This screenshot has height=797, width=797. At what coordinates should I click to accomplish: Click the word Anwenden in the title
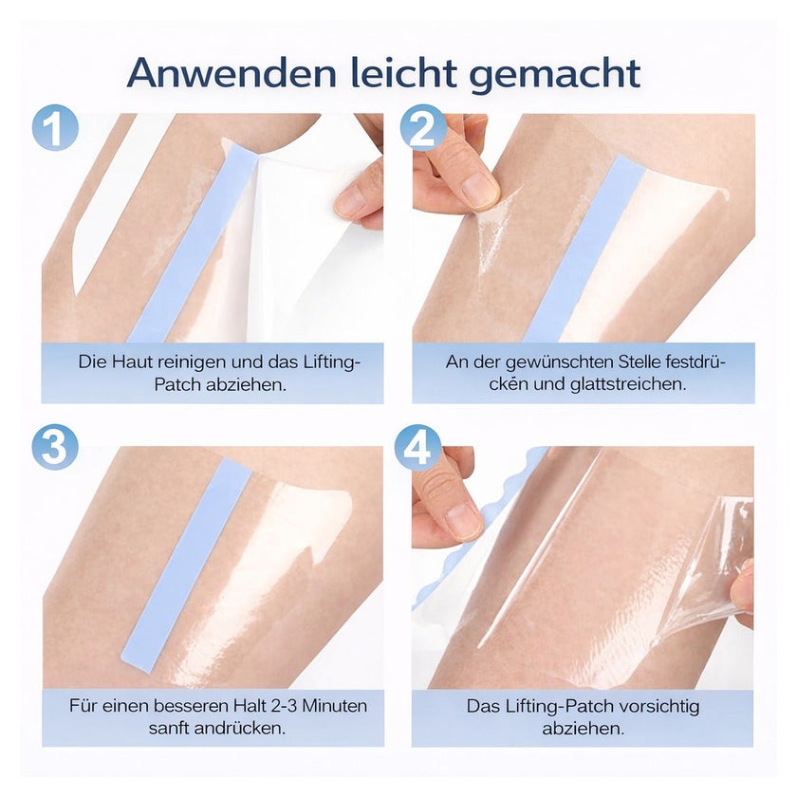tap(232, 72)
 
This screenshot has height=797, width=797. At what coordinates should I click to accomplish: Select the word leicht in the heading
tap(402, 72)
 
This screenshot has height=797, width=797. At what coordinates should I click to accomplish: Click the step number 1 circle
tap(55, 127)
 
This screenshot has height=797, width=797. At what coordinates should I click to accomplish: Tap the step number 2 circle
tap(423, 127)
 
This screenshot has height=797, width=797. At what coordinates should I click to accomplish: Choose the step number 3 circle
tap(55, 447)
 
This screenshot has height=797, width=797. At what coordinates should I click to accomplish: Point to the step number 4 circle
tap(417, 447)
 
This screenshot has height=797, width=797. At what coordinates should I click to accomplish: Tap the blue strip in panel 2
tap(584, 249)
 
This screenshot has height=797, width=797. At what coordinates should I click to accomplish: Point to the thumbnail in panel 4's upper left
tap(463, 521)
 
